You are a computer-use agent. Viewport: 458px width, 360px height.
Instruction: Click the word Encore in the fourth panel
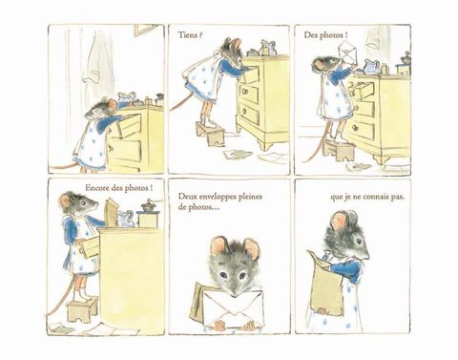coord(97,188)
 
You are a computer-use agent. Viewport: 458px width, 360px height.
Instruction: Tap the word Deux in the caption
coord(186,197)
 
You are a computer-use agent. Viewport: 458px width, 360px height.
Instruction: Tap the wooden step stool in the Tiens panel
coord(210,133)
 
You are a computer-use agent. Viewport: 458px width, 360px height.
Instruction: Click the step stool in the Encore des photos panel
coord(82,309)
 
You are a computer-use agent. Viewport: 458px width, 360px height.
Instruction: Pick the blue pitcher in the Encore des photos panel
coord(126,219)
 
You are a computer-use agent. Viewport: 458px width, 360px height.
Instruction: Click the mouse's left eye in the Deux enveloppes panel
coord(223,274)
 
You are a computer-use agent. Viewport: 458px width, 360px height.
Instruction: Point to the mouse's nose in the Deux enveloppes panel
coord(235,293)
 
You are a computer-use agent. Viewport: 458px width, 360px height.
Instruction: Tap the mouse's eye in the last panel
coord(359,242)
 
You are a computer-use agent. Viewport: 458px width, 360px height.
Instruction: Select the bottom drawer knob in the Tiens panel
coord(244,111)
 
